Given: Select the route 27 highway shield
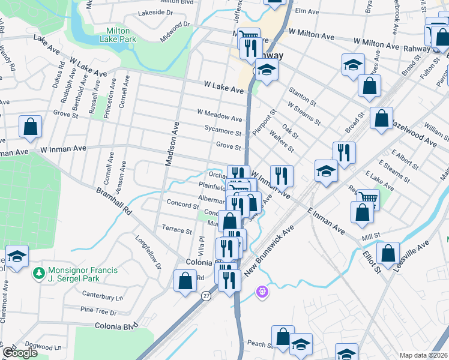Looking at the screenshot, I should pyautogui.click(x=206, y=296).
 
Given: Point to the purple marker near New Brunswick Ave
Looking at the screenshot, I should pyautogui.click(x=261, y=292).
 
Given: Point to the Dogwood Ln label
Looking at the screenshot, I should pyautogui.click(x=49, y=347).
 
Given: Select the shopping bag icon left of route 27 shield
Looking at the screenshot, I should pyautogui.click(x=184, y=279).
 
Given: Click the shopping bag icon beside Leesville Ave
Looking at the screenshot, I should pyautogui.click(x=388, y=253).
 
